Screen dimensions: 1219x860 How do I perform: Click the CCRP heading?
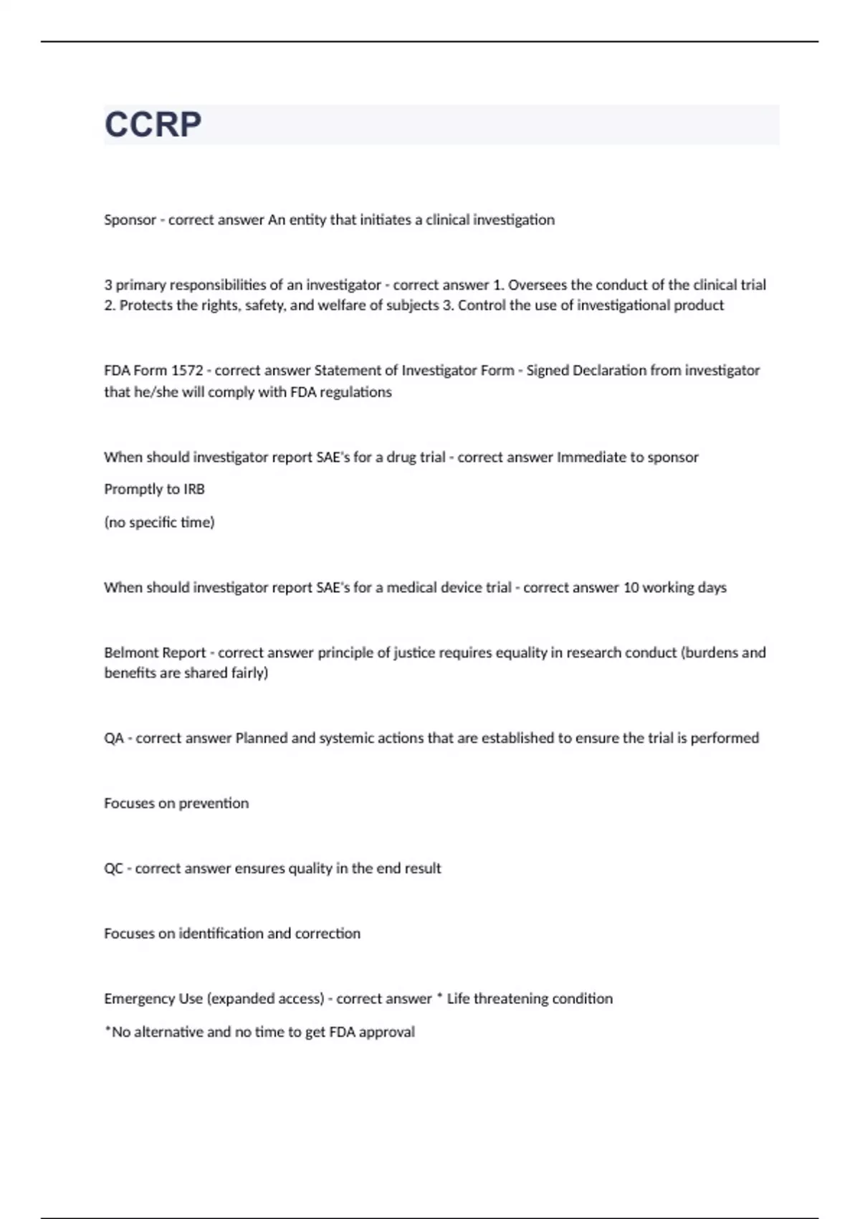[153, 125]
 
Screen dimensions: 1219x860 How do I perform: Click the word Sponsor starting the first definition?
[130, 220]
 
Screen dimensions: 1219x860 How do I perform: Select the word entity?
[307, 220]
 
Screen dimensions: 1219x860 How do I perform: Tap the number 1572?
[186, 371]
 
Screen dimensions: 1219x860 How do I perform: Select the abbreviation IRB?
[194, 490]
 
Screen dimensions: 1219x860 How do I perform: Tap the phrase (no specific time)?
[159, 523]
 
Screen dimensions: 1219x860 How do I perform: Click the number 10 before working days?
[631, 588]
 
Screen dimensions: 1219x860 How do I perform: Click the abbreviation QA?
[114, 739]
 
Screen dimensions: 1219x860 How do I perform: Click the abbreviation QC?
[114, 869]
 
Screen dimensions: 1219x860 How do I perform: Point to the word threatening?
[512, 999]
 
